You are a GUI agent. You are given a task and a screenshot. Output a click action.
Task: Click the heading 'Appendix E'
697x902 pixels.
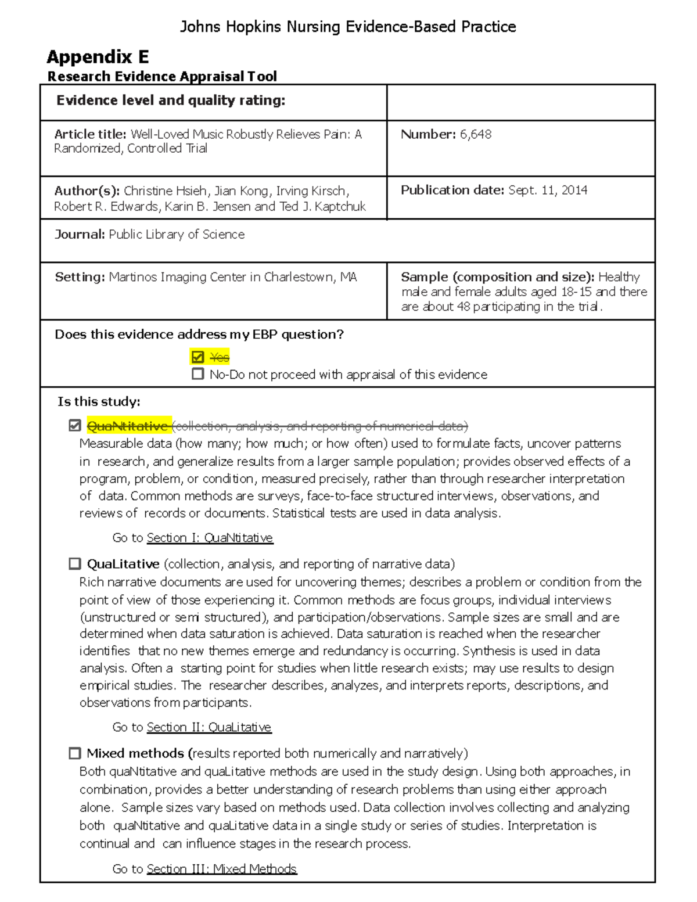[98, 57]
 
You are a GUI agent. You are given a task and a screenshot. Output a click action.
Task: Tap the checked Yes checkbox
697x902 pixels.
[197, 357]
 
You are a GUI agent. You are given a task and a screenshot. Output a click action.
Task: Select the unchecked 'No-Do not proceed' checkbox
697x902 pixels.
[197, 374]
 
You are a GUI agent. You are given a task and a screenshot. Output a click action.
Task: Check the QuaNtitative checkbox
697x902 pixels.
[74, 426]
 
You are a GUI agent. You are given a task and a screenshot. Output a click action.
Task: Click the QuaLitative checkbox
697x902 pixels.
[74, 563]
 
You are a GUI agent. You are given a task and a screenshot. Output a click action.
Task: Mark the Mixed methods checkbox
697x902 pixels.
[74, 753]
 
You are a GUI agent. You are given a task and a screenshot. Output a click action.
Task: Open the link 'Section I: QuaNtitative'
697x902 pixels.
[210, 538]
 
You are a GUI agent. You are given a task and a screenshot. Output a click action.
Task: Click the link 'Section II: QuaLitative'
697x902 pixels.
[209, 727]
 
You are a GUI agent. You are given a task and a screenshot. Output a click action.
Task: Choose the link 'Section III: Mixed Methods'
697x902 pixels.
[221, 869]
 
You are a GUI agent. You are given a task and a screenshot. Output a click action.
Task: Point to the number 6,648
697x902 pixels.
[476, 134]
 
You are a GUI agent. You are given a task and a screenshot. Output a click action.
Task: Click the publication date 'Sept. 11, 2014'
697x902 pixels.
[547, 190]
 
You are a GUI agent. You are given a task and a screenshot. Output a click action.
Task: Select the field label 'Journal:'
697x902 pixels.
[80, 234]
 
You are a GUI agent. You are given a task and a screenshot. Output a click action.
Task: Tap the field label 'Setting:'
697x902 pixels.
[80, 277]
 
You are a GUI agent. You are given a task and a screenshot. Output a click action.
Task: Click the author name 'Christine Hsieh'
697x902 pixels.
[165, 191]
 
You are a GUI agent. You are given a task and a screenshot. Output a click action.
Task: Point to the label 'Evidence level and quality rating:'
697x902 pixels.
[171, 100]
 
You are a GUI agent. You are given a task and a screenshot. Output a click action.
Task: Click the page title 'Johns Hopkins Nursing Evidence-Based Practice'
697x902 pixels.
[348, 27]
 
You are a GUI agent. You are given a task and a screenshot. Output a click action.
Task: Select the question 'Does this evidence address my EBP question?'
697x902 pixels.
[199, 335]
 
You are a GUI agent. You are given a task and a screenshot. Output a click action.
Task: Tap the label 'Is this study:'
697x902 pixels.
[99, 402]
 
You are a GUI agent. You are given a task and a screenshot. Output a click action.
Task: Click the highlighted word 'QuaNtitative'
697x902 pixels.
[127, 426]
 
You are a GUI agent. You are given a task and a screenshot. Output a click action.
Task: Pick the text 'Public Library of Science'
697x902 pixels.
[177, 234]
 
